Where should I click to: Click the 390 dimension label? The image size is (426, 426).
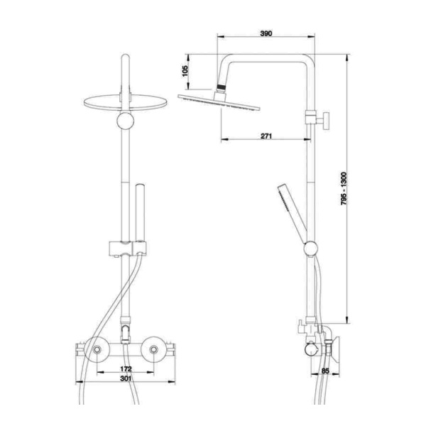click(266, 33)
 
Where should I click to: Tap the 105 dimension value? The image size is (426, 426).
click(185, 71)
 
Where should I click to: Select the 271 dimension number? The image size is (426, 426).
click(266, 136)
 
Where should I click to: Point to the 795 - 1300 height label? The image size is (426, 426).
click(344, 188)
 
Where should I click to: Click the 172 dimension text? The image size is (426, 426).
click(126, 369)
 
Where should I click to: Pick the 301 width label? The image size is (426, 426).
click(126, 378)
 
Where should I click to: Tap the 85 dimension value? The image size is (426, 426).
click(325, 371)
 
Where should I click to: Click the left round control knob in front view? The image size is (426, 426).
click(97, 349)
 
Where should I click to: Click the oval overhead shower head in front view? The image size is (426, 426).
click(126, 103)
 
